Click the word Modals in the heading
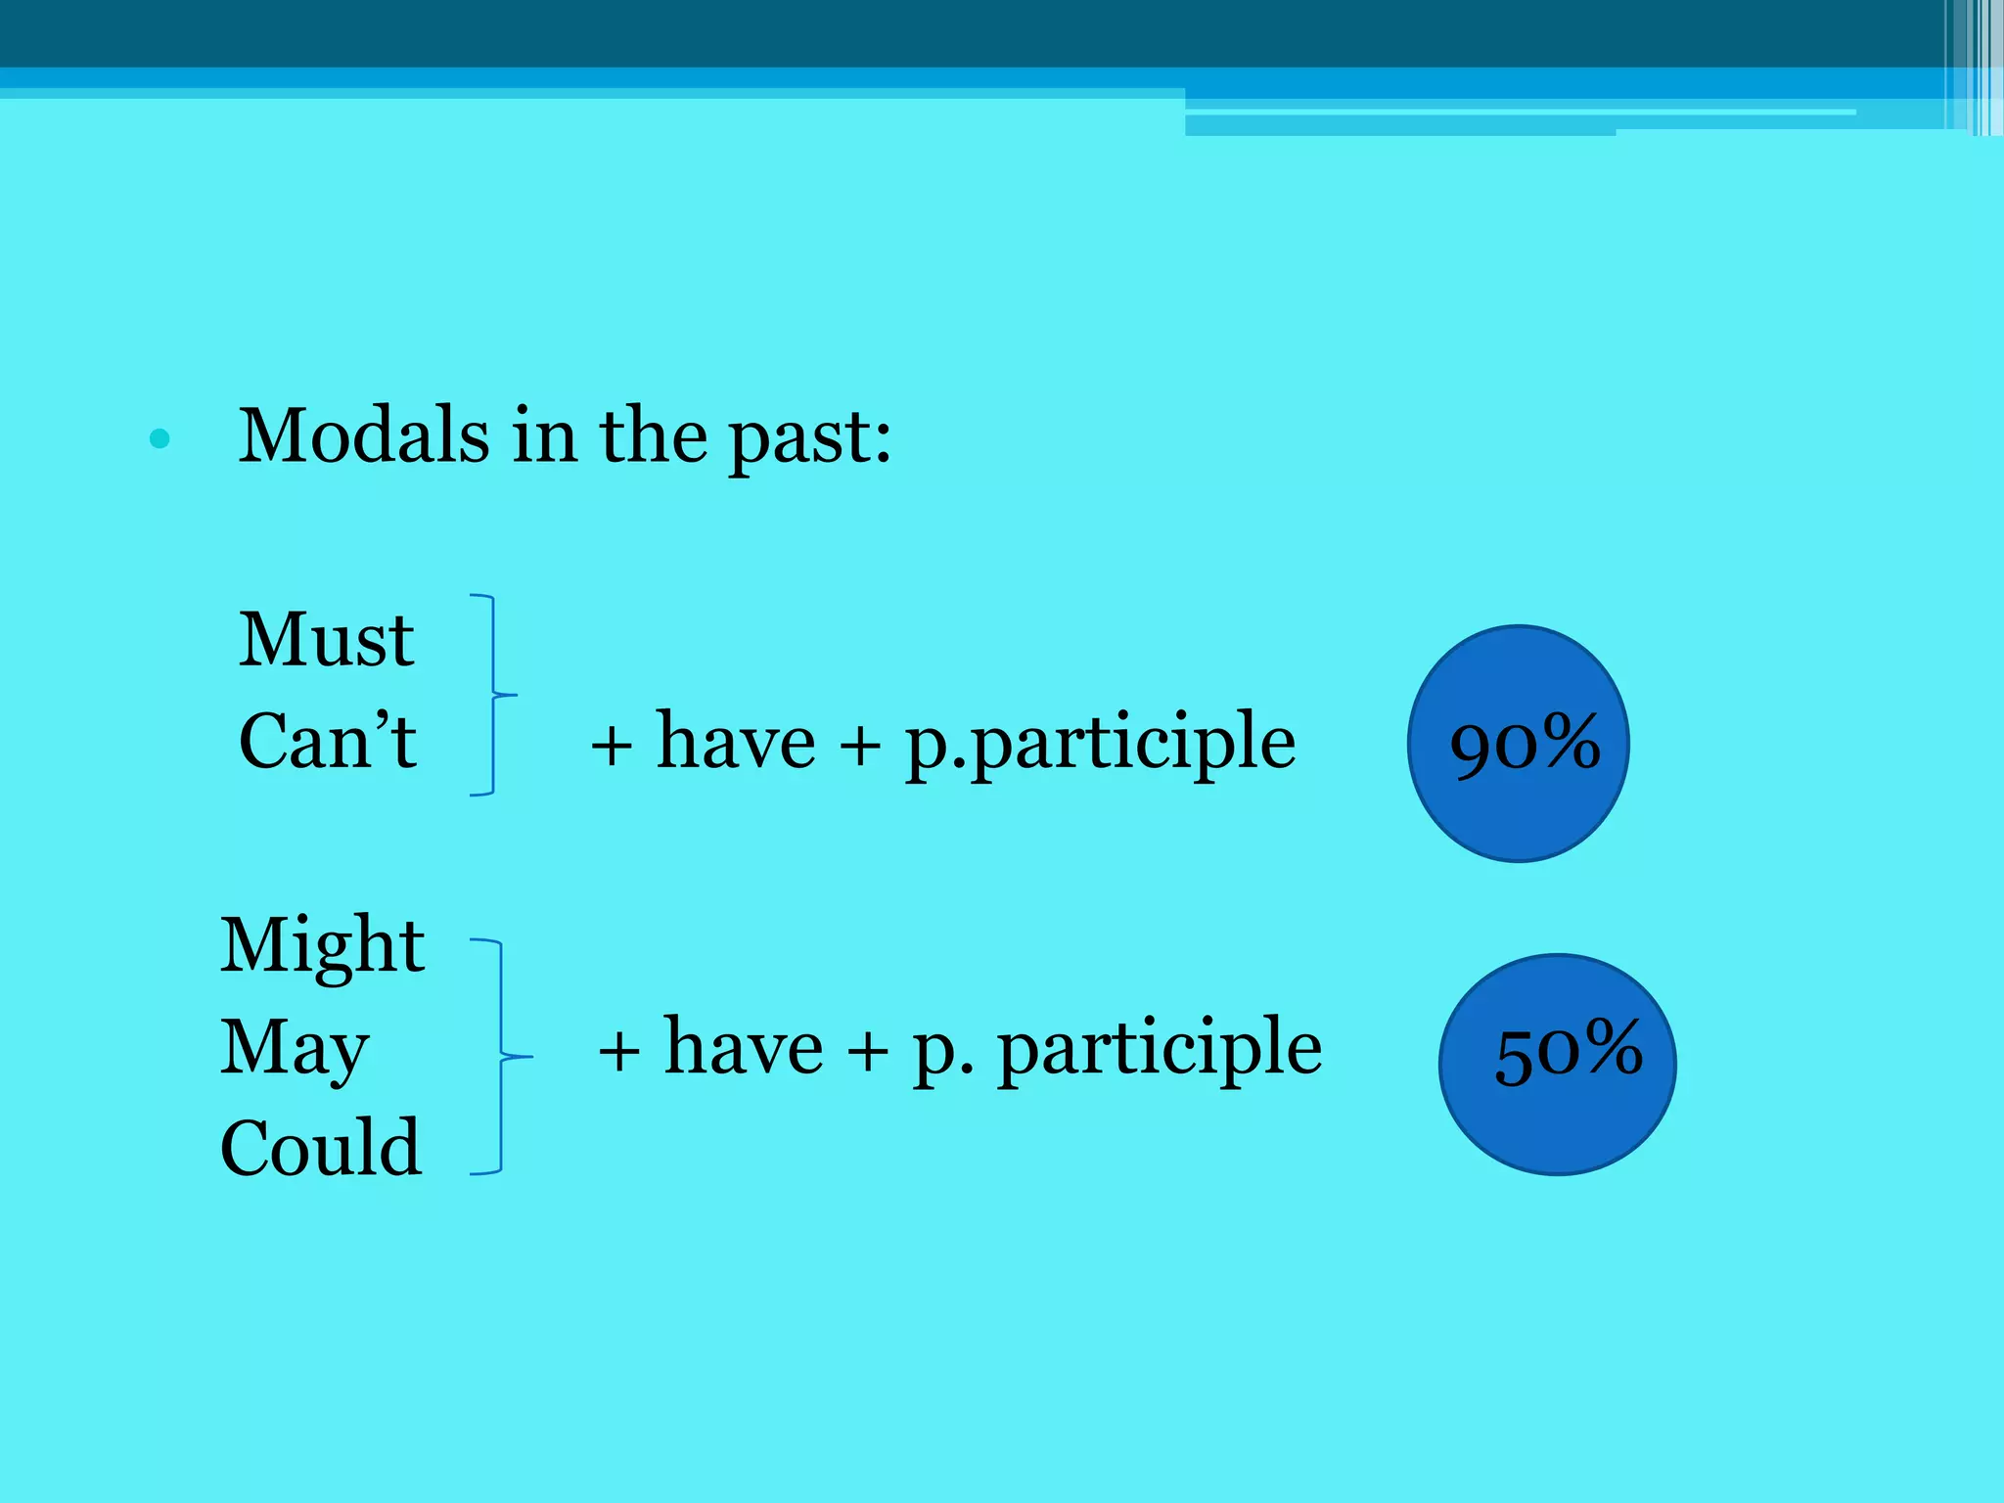point(364,436)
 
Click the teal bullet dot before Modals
point(159,439)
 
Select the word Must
point(327,641)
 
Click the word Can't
point(328,742)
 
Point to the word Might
point(322,946)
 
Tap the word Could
point(321,1148)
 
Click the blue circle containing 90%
point(1518,744)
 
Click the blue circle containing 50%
point(1557,1065)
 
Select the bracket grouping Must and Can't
point(491,695)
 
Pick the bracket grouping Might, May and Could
point(501,1057)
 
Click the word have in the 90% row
point(735,742)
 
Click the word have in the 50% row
point(743,1048)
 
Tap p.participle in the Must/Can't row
point(1100,744)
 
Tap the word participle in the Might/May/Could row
point(1160,1049)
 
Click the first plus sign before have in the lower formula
point(618,1053)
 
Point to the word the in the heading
point(653,436)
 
